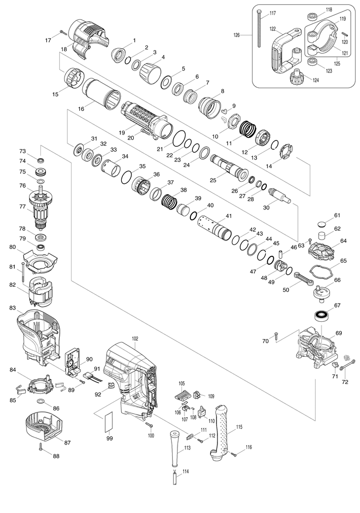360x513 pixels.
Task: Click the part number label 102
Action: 135,339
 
